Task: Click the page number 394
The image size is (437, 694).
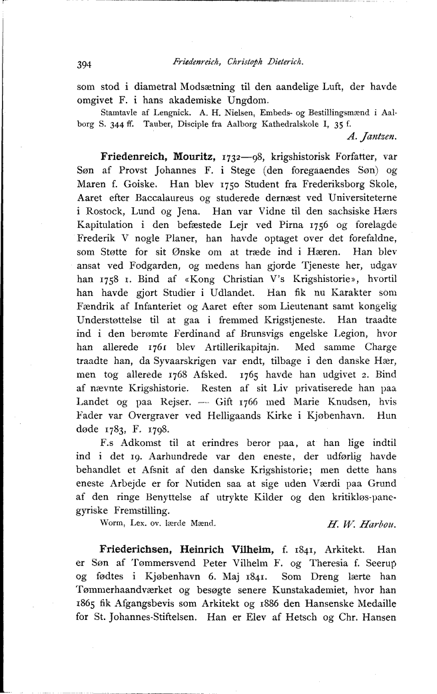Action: (x=84, y=65)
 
